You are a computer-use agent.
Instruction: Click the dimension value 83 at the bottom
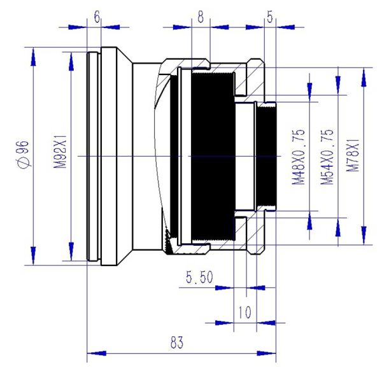(177, 343)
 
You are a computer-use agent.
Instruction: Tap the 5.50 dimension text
(199, 277)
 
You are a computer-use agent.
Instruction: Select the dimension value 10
(244, 313)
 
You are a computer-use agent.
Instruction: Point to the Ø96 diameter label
(24, 154)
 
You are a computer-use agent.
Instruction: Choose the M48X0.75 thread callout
(299, 157)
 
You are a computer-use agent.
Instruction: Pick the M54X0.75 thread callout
(327, 157)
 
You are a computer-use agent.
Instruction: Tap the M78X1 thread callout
(353, 155)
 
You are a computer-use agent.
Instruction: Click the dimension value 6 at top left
(97, 17)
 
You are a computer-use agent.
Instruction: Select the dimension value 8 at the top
(201, 17)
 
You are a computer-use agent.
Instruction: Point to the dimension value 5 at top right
(270, 17)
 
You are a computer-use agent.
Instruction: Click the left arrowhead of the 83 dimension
(97, 353)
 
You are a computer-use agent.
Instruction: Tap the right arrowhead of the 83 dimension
(267, 353)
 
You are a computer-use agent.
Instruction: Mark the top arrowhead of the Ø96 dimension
(33, 57)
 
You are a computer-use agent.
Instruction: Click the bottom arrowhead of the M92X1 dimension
(71, 251)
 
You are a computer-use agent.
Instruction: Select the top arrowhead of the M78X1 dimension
(364, 78)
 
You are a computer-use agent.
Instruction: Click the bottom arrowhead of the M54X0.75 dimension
(338, 227)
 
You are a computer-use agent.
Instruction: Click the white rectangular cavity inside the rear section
(244, 157)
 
